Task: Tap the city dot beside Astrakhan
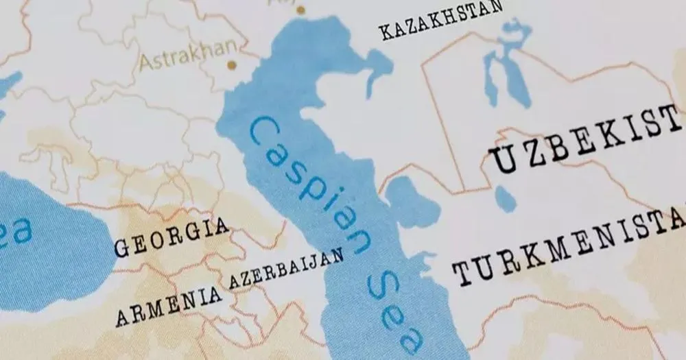click(x=232, y=65)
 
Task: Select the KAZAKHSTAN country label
click(x=441, y=20)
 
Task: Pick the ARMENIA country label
click(x=168, y=304)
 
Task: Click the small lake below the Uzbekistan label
click(x=505, y=199)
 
